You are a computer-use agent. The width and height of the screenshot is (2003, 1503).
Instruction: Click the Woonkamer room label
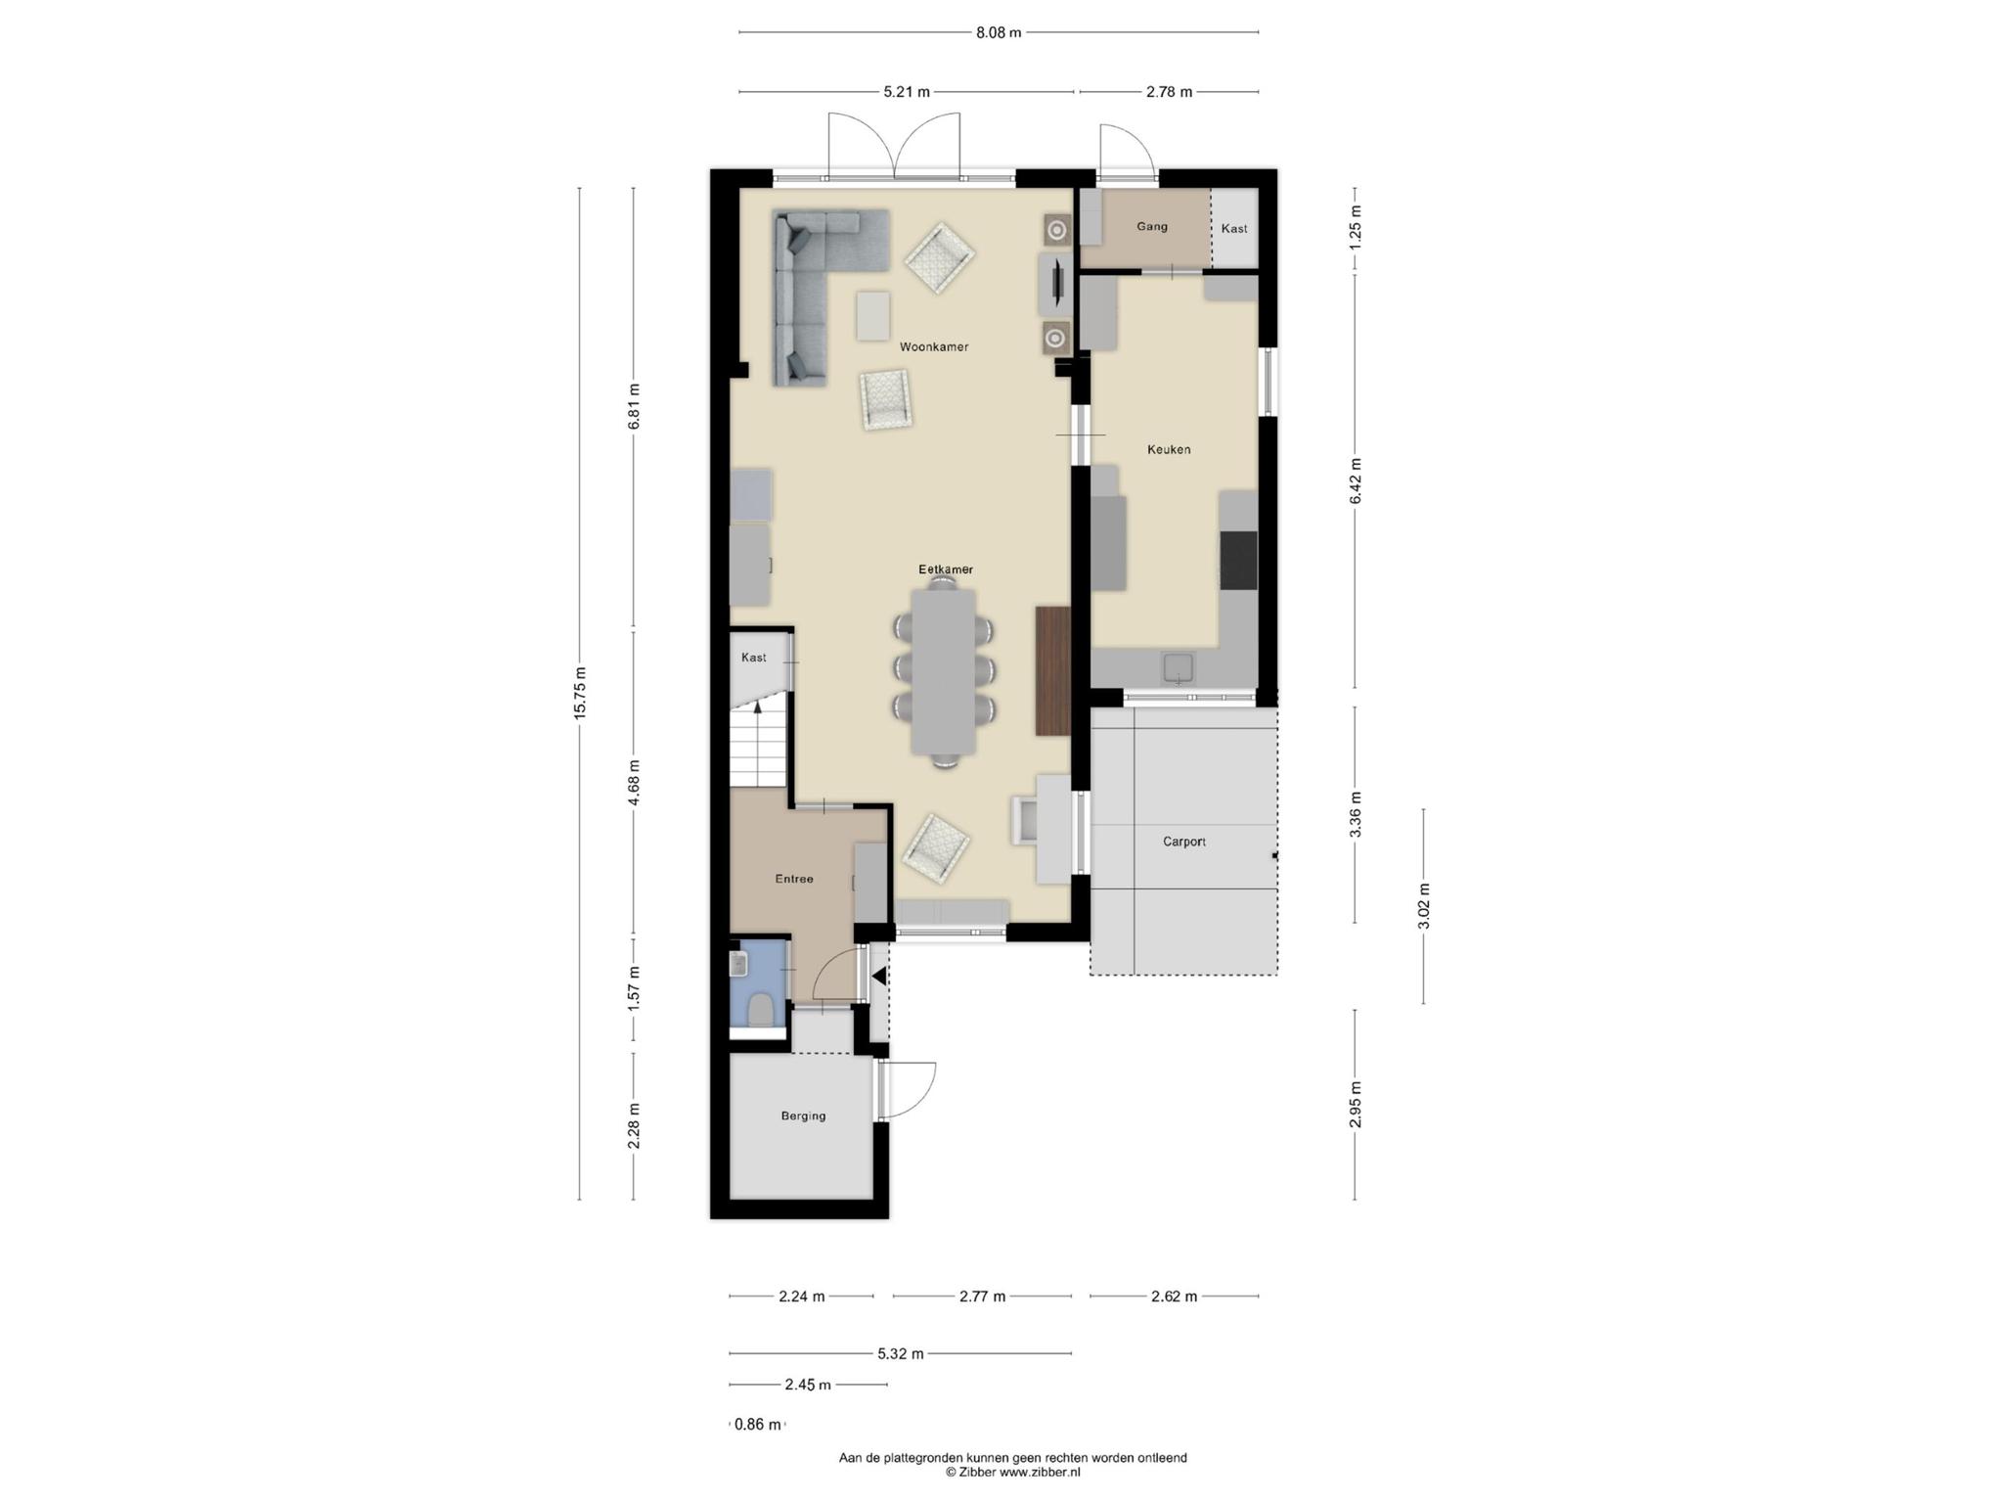[934, 346]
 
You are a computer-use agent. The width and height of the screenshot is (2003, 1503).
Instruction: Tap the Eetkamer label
[946, 569]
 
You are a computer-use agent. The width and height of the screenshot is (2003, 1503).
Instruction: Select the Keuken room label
[1169, 449]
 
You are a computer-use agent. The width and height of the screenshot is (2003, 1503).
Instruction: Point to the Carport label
[1184, 842]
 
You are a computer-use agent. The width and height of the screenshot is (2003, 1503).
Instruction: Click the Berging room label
[803, 1116]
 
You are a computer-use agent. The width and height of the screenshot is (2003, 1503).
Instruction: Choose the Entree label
[794, 879]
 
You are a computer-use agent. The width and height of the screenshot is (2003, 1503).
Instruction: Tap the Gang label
[1152, 226]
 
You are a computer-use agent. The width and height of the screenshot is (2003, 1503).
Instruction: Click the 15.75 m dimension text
[579, 693]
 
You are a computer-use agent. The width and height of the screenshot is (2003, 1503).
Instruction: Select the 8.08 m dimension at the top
[999, 32]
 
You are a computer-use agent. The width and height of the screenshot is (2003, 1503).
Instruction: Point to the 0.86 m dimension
[758, 1425]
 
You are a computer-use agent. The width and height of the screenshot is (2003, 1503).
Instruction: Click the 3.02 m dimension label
[1423, 906]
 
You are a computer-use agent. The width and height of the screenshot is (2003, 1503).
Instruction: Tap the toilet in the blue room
[760, 1010]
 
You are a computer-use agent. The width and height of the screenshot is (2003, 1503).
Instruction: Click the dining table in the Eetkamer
[944, 671]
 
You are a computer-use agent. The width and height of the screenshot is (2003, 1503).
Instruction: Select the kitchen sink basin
[1178, 667]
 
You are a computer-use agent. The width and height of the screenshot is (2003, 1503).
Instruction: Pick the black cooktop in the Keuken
[1238, 561]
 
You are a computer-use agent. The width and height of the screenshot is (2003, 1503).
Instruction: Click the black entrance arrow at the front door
[878, 976]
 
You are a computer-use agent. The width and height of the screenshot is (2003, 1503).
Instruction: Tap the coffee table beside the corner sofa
[873, 316]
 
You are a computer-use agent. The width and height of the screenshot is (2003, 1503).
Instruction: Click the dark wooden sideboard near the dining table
[1053, 670]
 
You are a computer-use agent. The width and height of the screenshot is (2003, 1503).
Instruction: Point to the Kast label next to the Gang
[1234, 228]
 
